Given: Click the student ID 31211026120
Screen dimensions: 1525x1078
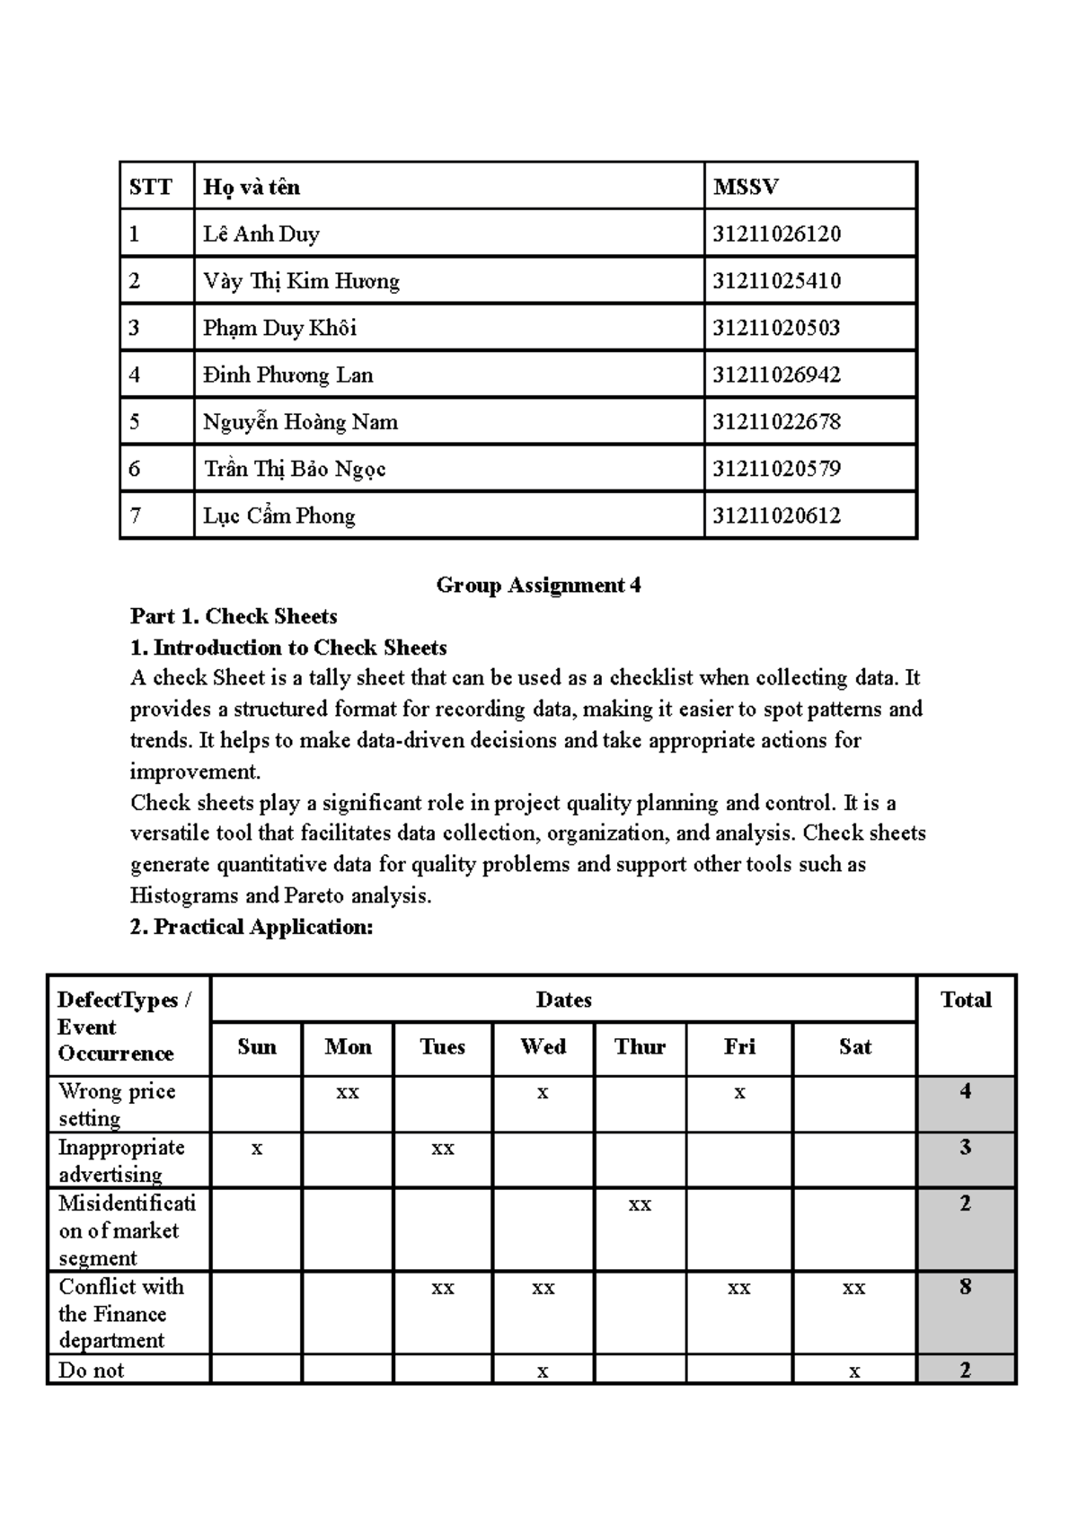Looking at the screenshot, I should [x=776, y=234].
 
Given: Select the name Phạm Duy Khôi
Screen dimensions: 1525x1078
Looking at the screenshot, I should [x=279, y=328].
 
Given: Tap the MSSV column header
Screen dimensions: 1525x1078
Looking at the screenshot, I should [x=745, y=187].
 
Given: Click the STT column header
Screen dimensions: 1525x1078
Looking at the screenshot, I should [x=150, y=187].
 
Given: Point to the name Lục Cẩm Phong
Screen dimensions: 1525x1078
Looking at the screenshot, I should [x=278, y=516].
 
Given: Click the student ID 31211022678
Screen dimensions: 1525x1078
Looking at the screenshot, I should [x=776, y=422].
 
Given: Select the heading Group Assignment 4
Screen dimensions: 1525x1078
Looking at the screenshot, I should [x=538, y=586].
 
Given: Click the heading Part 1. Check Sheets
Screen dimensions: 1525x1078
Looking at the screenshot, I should [x=234, y=616].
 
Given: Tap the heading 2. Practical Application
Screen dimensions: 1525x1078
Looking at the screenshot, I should [x=251, y=927].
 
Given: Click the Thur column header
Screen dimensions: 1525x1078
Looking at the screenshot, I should [x=640, y=1047].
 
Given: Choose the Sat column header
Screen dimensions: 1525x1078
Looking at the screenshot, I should [x=854, y=1047].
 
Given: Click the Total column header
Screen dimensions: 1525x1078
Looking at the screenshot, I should [x=965, y=1000].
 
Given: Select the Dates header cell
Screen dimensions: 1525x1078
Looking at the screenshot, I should [x=563, y=1000].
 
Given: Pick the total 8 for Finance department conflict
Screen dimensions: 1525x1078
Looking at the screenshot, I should [x=965, y=1287].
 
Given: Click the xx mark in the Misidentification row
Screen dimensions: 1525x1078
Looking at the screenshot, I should [x=640, y=1205].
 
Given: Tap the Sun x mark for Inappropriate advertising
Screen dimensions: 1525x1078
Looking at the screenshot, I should [x=257, y=1149].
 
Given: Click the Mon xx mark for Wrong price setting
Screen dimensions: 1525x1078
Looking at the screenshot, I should [x=348, y=1093].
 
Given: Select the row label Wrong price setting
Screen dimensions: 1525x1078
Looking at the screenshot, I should [x=116, y=1104].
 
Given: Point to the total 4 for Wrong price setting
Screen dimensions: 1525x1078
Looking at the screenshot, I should [x=965, y=1092].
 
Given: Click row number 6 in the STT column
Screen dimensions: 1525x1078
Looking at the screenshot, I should [x=135, y=469].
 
